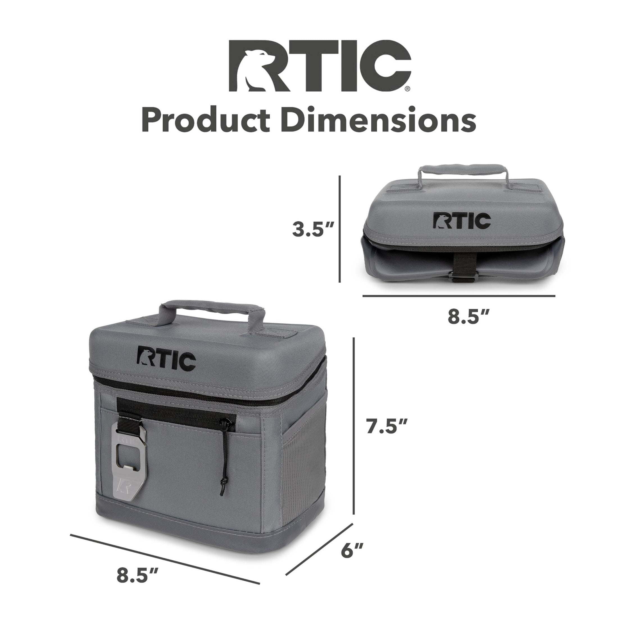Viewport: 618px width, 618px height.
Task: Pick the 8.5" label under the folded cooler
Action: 468,317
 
